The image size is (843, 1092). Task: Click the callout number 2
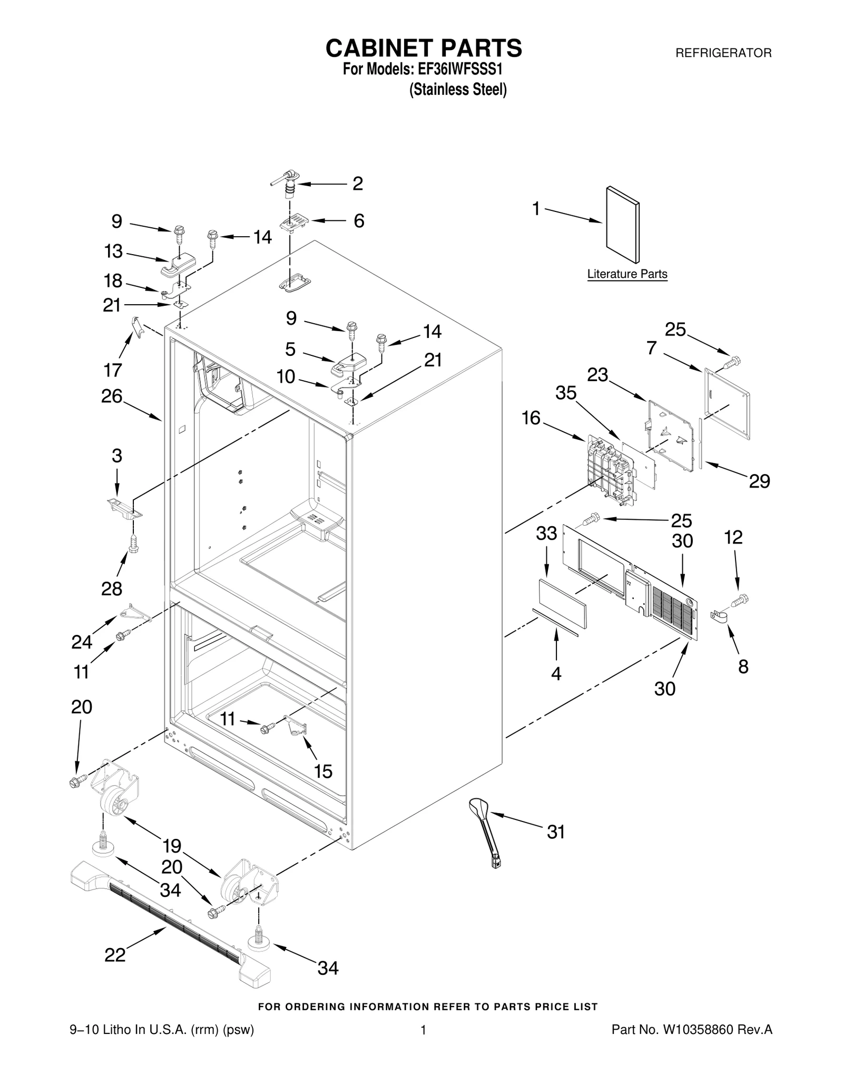(x=358, y=184)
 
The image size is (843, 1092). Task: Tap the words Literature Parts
(x=627, y=274)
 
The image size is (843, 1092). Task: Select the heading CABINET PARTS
(x=424, y=48)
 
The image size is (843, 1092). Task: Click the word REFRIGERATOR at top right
(x=723, y=53)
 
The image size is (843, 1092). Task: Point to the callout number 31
(x=556, y=832)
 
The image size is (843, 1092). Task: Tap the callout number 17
(x=113, y=370)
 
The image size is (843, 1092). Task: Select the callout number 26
(x=112, y=396)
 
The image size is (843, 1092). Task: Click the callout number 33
(x=546, y=534)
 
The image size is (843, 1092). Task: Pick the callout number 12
(x=733, y=537)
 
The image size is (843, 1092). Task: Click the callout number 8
(x=743, y=667)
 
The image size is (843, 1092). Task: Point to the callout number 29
(x=759, y=481)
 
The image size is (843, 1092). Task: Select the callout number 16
(x=531, y=418)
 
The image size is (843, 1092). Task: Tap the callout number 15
(x=323, y=771)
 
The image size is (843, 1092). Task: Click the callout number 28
(x=112, y=588)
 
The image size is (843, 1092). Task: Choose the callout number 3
(x=116, y=456)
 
